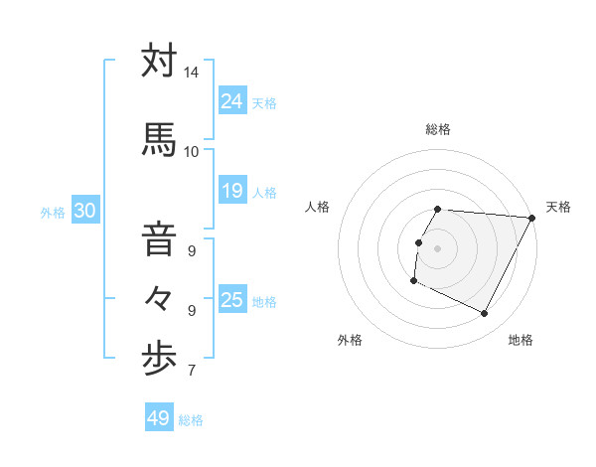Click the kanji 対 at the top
(159, 62)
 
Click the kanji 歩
(159, 359)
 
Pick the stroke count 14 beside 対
(191, 73)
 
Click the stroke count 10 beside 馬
(191, 151)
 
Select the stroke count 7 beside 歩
(191, 372)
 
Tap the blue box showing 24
(232, 100)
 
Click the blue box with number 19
(232, 190)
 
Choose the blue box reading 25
(232, 299)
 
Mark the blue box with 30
(84, 210)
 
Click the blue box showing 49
(159, 418)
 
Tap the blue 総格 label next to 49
(191, 420)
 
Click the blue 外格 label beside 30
(53, 212)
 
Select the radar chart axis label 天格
(558, 207)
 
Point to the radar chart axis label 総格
(438, 129)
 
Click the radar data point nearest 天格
(531, 218)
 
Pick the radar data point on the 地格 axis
(485, 314)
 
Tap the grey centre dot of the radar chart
(438, 247)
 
